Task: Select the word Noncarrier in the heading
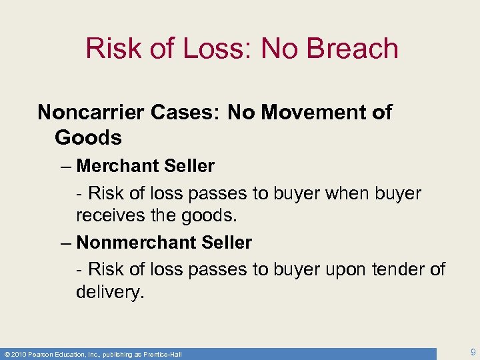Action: click(x=91, y=112)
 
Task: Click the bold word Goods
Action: click(x=88, y=138)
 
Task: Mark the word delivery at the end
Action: click(x=109, y=292)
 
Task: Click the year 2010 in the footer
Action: click(x=19, y=354)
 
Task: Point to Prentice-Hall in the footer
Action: click(x=160, y=354)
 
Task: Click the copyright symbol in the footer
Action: click(x=6, y=354)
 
